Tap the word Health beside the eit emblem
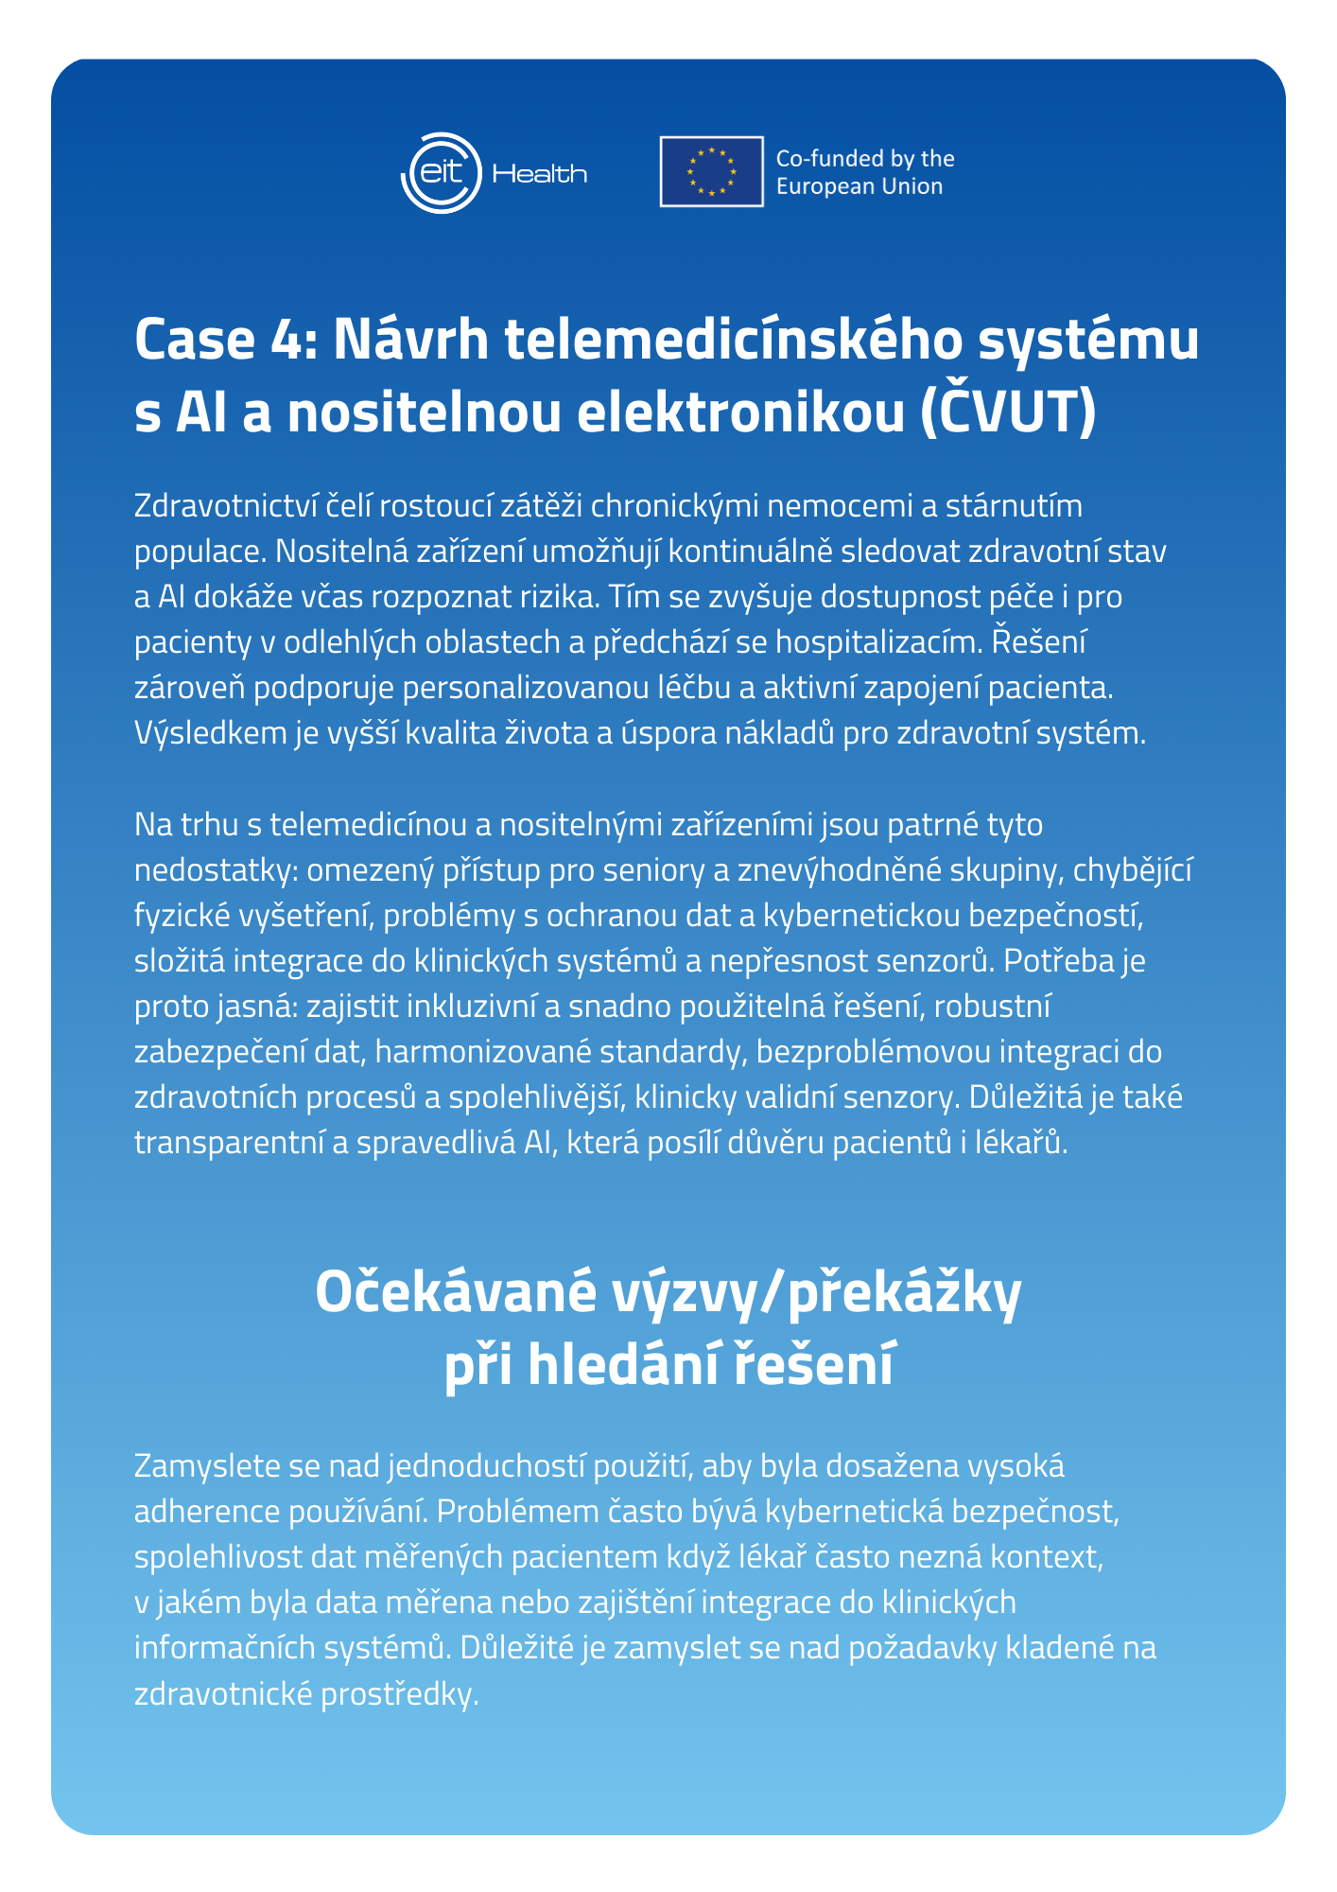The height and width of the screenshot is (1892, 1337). [x=540, y=174]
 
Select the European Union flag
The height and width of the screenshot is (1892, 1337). [x=711, y=171]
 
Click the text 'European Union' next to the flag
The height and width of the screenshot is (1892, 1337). [x=859, y=186]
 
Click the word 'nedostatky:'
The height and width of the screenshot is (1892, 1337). [x=216, y=870]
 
